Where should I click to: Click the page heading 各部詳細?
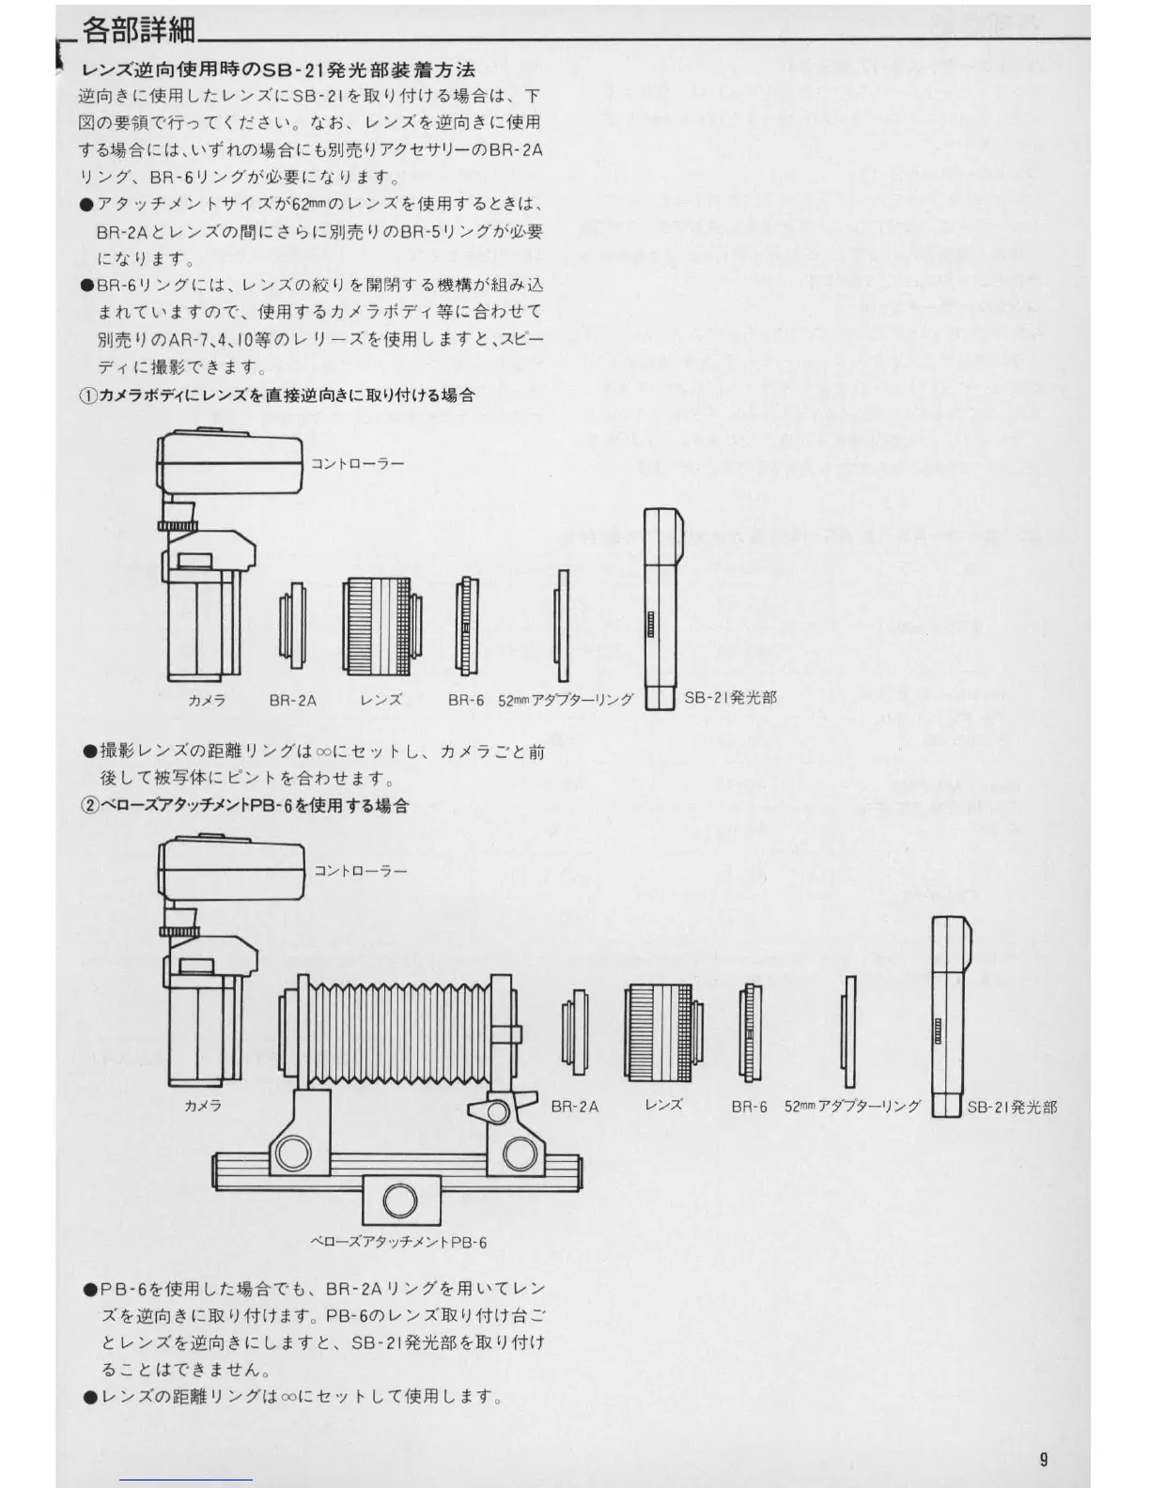(x=139, y=31)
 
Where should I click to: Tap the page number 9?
(x=1044, y=1459)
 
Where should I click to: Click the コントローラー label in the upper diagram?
(x=357, y=464)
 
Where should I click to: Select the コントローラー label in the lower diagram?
(x=361, y=871)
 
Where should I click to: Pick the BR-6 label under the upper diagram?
(x=466, y=700)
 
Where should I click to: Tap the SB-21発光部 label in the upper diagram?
(x=730, y=697)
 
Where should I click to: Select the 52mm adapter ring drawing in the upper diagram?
(x=562, y=626)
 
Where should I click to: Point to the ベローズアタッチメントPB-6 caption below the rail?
(x=398, y=1242)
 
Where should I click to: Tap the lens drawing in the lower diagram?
(x=662, y=1031)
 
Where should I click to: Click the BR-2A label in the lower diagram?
(x=574, y=1107)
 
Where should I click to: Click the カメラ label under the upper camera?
(x=206, y=700)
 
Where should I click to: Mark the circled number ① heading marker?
(x=87, y=396)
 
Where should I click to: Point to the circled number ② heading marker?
(x=90, y=806)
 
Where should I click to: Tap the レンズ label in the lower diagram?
(x=663, y=1105)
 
